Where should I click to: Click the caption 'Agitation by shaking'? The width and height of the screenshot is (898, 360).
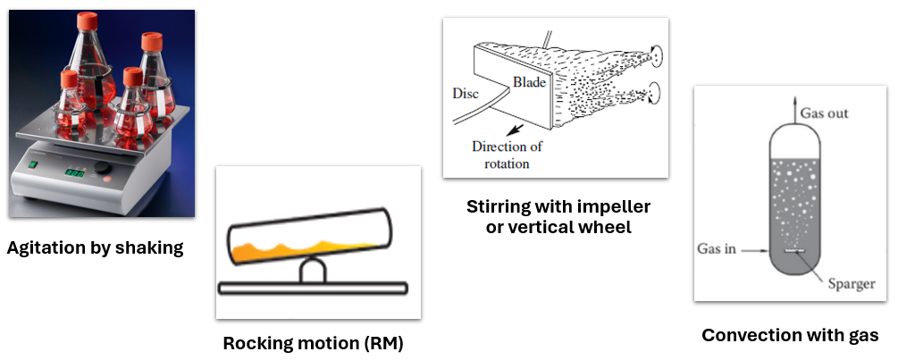(95, 248)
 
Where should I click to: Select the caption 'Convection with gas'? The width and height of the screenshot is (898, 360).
(790, 336)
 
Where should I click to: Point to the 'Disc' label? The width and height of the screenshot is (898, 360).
(466, 92)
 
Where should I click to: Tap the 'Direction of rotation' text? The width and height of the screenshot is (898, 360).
(507, 155)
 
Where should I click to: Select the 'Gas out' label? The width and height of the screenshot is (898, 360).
(824, 113)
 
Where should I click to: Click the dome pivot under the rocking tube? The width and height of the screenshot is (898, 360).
(312, 270)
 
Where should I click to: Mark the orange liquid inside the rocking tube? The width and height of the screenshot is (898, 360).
(304, 247)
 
